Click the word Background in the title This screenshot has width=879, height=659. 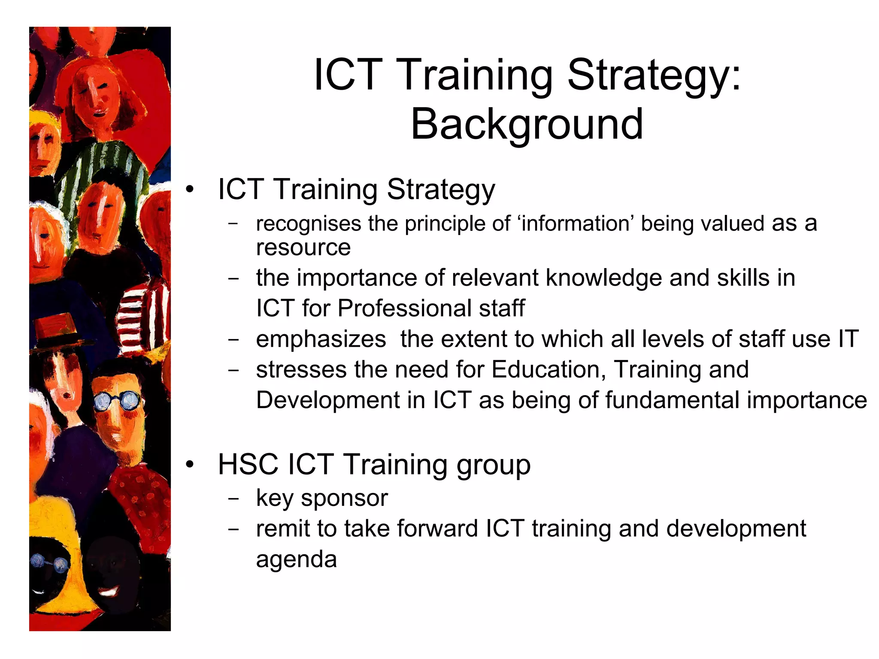(x=527, y=124)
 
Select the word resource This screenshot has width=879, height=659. (x=303, y=248)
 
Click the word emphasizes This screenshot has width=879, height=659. (x=321, y=339)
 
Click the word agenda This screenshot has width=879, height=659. (x=296, y=559)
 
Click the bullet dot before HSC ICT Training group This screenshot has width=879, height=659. (x=190, y=465)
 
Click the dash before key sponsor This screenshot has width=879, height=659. (x=233, y=499)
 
